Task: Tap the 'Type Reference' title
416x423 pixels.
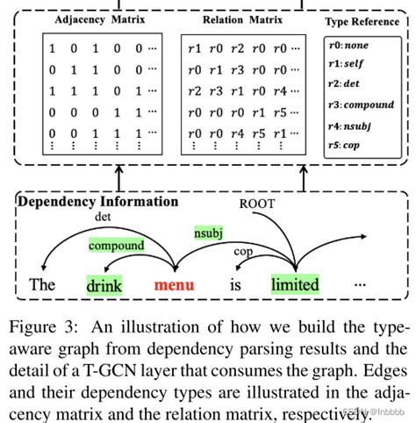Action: [x=361, y=21]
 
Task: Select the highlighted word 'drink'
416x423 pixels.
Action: [x=104, y=284]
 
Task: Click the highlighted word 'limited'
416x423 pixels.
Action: [x=294, y=284]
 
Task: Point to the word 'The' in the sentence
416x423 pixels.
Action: [x=42, y=284]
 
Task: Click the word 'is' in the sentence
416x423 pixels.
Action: [x=235, y=284]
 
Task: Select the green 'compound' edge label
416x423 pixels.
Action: [x=116, y=246]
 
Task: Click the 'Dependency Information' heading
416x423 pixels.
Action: [x=97, y=201]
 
